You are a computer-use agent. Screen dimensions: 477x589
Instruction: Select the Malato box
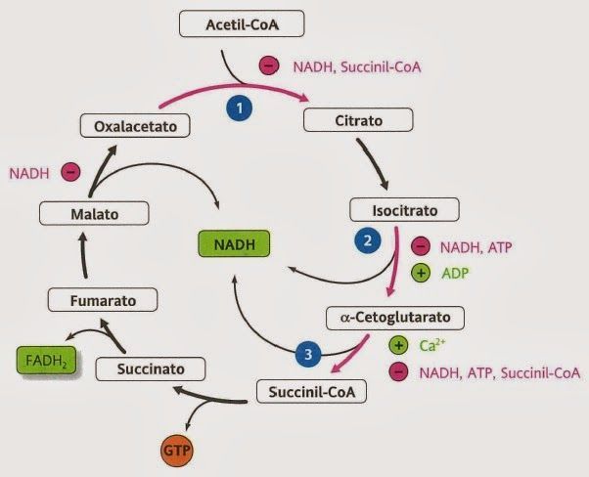tap(94, 212)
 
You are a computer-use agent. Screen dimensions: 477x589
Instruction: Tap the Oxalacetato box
tap(134, 125)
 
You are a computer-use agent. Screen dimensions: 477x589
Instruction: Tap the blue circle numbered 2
tap(368, 239)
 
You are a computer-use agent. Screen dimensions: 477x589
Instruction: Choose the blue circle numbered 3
tap(308, 356)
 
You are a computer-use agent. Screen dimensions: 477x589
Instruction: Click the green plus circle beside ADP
tap(422, 274)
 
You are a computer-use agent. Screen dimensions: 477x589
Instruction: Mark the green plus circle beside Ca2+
tap(398, 345)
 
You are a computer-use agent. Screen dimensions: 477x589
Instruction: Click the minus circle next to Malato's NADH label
tap(69, 173)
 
